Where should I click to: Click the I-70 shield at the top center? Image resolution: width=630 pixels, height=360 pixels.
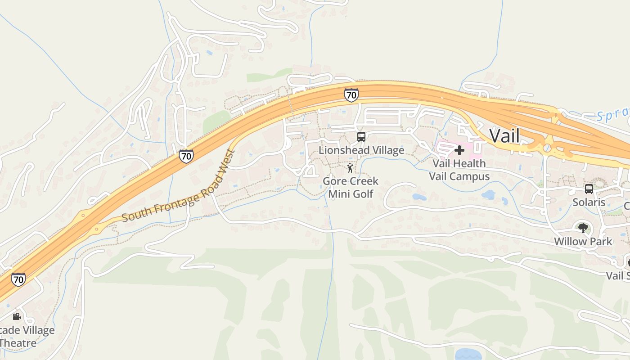pyautogui.click(x=351, y=95)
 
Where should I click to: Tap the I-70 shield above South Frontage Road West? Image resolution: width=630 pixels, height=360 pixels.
pyautogui.click(x=186, y=156)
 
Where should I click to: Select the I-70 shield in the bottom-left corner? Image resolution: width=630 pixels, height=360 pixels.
pyautogui.click(x=18, y=279)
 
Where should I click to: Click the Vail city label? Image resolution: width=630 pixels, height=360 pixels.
pyautogui.click(x=504, y=135)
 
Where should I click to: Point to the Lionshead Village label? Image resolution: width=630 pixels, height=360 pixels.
pyautogui.click(x=361, y=150)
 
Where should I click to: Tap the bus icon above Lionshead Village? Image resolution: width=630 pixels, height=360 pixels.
pyautogui.click(x=361, y=137)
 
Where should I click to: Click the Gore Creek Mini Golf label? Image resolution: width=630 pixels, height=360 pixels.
pyautogui.click(x=351, y=187)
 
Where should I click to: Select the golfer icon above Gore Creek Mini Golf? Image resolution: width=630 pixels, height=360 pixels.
pyautogui.click(x=350, y=168)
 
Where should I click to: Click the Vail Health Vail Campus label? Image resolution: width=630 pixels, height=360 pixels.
pyautogui.click(x=459, y=170)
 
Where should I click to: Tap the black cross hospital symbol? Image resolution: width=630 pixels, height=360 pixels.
pyautogui.click(x=459, y=150)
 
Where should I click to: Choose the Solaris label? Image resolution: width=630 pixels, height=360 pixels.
pyautogui.click(x=589, y=202)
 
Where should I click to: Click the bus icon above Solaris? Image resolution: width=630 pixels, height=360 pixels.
pyautogui.click(x=589, y=189)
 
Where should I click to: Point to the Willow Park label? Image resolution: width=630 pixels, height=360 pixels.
pyautogui.click(x=583, y=241)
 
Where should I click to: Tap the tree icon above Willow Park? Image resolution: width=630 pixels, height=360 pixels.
pyautogui.click(x=583, y=228)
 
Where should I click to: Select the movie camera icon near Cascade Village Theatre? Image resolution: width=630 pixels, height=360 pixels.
pyautogui.click(x=17, y=316)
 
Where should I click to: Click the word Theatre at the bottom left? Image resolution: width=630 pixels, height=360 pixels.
pyautogui.click(x=18, y=343)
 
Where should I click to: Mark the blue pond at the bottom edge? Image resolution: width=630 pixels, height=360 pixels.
pyautogui.click(x=468, y=355)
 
